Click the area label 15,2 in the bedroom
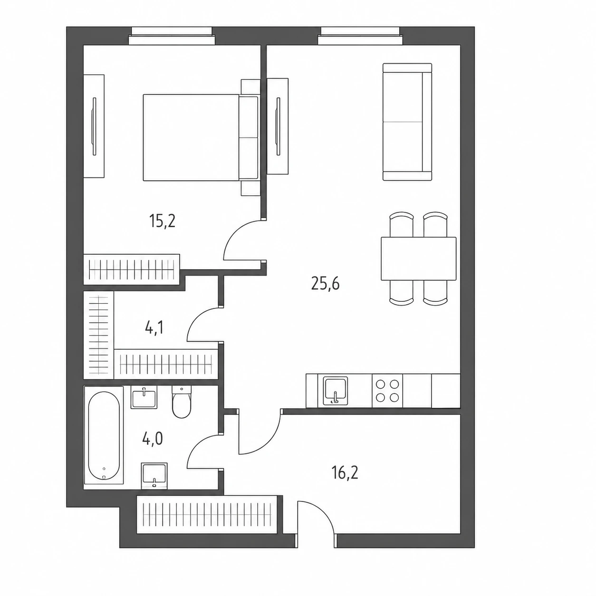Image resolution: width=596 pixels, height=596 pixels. [x=162, y=221]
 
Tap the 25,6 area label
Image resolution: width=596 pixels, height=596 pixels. [x=326, y=283]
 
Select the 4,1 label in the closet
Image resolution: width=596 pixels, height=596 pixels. [x=154, y=327]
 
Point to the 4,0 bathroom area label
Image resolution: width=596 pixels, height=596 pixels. [x=153, y=438]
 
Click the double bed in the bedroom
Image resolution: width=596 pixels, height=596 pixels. [x=201, y=137]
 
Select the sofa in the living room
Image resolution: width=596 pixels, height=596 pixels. [x=407, y=122]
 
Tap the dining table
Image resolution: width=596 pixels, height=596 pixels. [x=418, y=259]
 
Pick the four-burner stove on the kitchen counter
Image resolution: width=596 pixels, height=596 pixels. [x=387, y=391]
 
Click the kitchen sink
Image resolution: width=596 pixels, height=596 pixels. [x=335, y=391]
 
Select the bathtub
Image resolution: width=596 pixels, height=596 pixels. [x=104, y=438]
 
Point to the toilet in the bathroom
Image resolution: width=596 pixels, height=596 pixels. [x=181, y=402]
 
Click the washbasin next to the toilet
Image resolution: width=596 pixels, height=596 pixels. [x=144, y=397]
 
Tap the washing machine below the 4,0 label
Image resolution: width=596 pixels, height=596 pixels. [x=154, y=476]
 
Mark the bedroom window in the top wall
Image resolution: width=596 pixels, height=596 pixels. [x=172, y=36]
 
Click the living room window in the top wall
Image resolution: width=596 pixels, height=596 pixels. [x=360, y=36]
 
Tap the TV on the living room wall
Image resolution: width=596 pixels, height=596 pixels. [x=278, y=126]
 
